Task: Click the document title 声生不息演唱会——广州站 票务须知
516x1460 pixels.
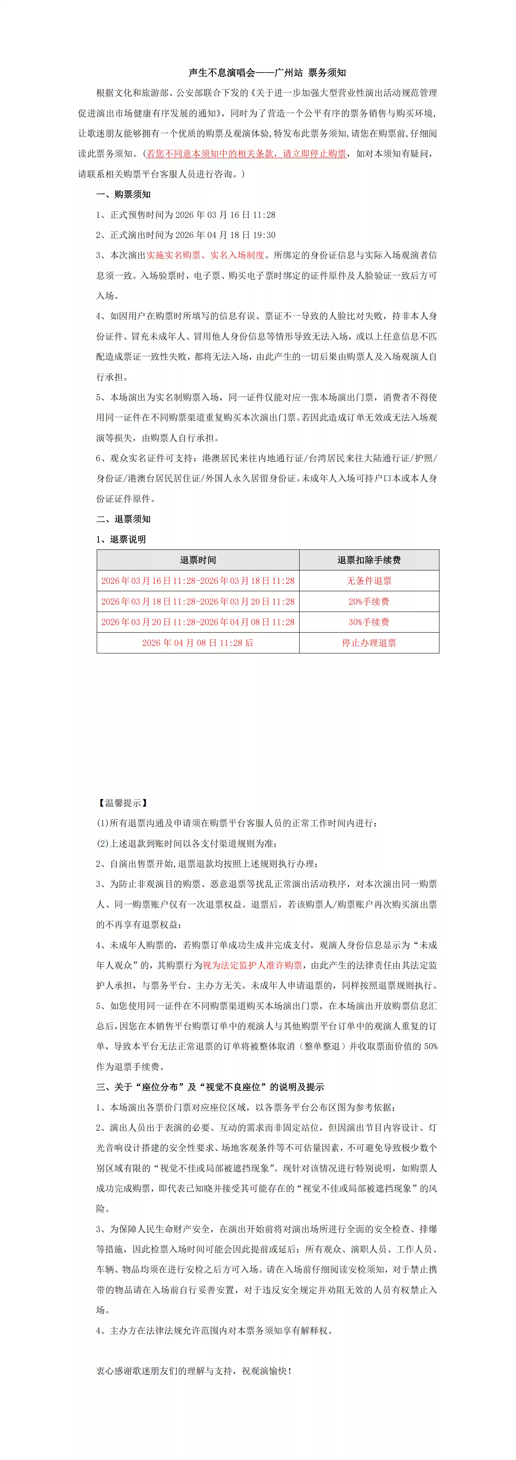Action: [267, 73]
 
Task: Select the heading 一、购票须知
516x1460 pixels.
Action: [123, 195]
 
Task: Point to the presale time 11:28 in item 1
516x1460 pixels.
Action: [264, 215]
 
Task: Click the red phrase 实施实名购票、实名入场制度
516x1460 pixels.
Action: [206, 255]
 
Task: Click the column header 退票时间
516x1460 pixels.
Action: [198, 560]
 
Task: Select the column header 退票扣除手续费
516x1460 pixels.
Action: [369, 560]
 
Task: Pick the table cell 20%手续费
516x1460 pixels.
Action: [369, 602]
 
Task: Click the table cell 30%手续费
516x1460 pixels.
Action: [369, 622]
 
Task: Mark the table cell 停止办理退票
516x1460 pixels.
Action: [369, 643]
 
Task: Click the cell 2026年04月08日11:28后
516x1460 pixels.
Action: [198, 643]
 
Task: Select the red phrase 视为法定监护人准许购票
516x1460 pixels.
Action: [252, 965]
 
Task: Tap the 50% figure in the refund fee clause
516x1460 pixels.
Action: [431, 1046]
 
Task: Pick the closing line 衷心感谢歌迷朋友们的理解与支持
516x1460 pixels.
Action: [193, 1371]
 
